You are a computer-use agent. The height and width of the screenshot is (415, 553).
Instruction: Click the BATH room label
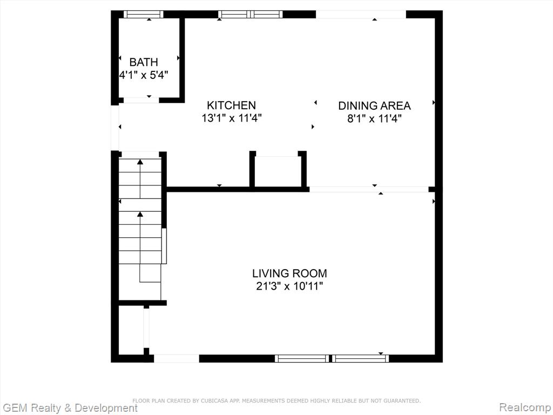[x=144, y=62]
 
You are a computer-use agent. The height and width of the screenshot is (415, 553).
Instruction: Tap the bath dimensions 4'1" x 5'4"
[x=144, y=75]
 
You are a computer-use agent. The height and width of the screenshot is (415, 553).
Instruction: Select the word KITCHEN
[x=231, y=105]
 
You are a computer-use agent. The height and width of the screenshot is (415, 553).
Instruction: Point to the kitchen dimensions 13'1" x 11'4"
[x=231, y=118]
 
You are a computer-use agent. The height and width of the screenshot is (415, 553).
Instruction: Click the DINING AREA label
[x=375, y=105]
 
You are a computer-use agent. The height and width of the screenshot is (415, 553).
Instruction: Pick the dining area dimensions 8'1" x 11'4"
[x=375, y=118]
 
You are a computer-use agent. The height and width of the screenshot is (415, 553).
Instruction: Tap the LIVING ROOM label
[x=289, y=273]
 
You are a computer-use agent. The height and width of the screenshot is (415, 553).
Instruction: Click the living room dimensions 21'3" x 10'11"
[x=289, y=286]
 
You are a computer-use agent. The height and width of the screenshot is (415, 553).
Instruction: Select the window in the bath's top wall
[x=144, y=15]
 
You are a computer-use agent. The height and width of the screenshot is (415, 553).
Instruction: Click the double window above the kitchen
[x=251, y=15]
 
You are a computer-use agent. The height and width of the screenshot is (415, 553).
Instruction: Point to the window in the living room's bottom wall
[x=332, y=359]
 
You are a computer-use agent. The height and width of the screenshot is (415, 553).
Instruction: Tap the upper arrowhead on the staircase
[x=140, y=162]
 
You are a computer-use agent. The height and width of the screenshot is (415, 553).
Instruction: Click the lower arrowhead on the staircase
[x=140, y=214]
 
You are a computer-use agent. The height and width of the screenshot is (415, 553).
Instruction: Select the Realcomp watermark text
[x=525, y=407]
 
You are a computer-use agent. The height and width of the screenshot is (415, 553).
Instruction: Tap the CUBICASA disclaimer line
[x=276, y=400]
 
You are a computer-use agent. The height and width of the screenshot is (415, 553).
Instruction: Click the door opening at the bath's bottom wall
[x=141, y=100]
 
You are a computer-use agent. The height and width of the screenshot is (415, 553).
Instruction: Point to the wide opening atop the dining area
[x=361, y=15]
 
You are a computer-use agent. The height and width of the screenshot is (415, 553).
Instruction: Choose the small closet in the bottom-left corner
[x=131, y=330]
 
